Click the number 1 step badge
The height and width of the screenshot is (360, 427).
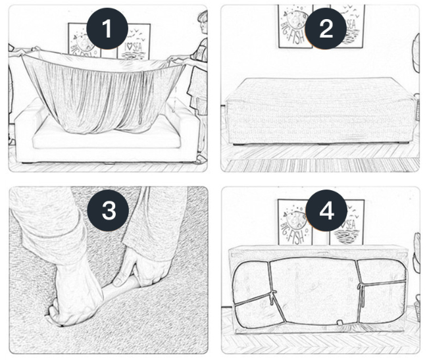pos(107,30)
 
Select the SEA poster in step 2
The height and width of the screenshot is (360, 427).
pos(352,26)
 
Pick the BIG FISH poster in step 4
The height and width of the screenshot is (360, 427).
pos(293,222)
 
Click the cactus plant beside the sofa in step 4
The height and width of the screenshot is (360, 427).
pos(416,250)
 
